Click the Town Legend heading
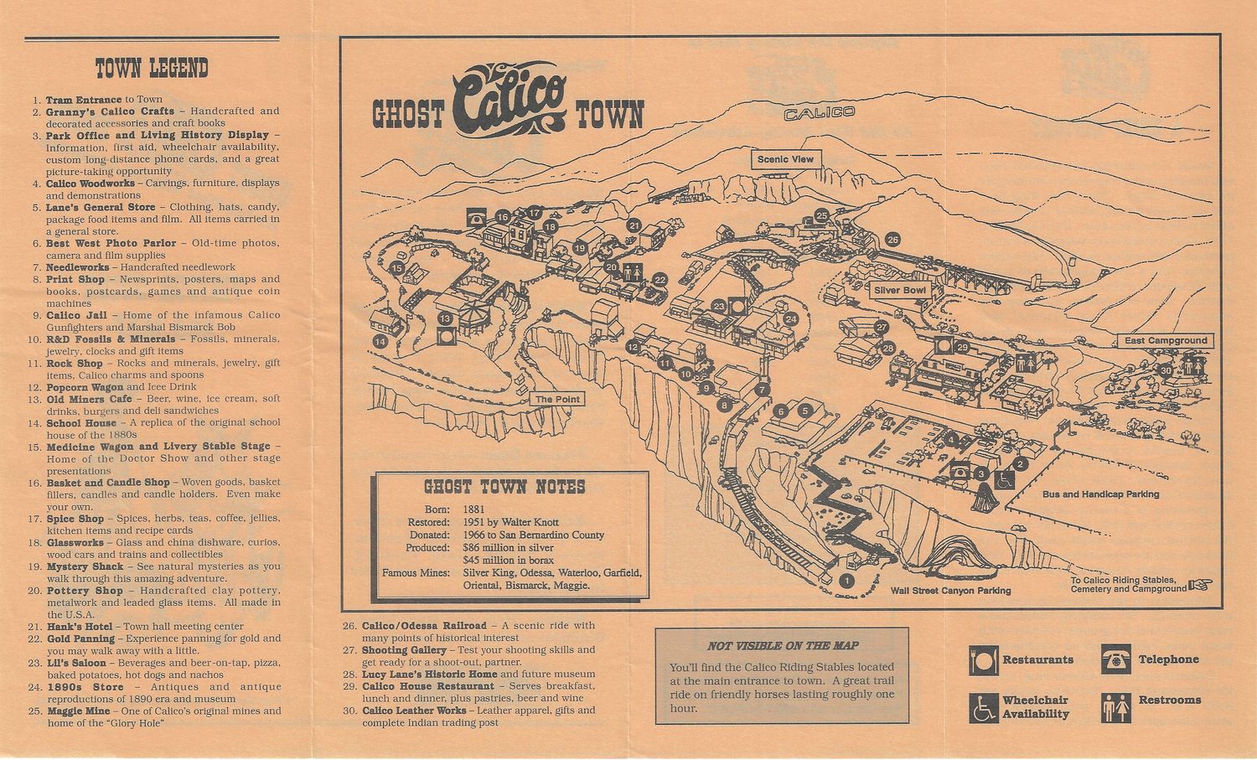tap(152, 68)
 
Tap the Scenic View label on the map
tap(784, 159)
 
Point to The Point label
tap(556, 399)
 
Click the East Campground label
tap(1166, 340)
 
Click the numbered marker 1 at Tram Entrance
tap(846, 579)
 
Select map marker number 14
tap(380, 341)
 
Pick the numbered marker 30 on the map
tap(1165, 370)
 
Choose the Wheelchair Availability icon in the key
tap(983, 706)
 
